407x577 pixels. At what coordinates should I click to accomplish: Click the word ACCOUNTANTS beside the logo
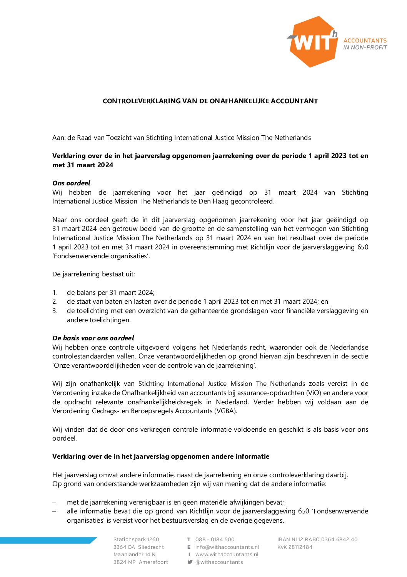[x=365, y=40]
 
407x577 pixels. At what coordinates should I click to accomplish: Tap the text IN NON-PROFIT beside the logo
[x=365, y=47]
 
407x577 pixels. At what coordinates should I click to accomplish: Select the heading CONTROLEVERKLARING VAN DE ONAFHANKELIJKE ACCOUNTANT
[x=210, y=101]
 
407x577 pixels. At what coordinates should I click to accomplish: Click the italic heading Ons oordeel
[x=71, y=183]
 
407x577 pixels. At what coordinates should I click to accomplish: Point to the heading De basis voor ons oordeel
[x=93, y=338]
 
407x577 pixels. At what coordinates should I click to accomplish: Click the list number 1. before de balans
[x=55, y=293]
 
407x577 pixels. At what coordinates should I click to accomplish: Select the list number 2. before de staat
[x=55, y=301]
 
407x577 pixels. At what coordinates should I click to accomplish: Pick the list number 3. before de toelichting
[x=55, y=311]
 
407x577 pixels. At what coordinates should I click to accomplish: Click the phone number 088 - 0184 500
[x=215, y=539]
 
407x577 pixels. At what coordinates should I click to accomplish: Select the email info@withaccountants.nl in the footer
[x=227, y=547]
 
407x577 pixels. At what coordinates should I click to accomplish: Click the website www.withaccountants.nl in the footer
[x=227, y=554]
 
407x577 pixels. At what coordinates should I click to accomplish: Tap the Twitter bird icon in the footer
[x=190, y=562]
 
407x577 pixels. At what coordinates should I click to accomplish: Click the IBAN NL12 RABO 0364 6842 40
[x=317, y=539]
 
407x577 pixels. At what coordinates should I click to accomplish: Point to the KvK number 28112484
[x=295, y=547]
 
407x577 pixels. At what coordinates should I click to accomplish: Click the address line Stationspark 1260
[x=136, y=539]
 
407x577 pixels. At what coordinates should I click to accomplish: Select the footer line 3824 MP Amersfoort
[x=141, y=562]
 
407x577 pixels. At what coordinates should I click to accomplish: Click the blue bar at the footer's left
[x=46, y=540]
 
